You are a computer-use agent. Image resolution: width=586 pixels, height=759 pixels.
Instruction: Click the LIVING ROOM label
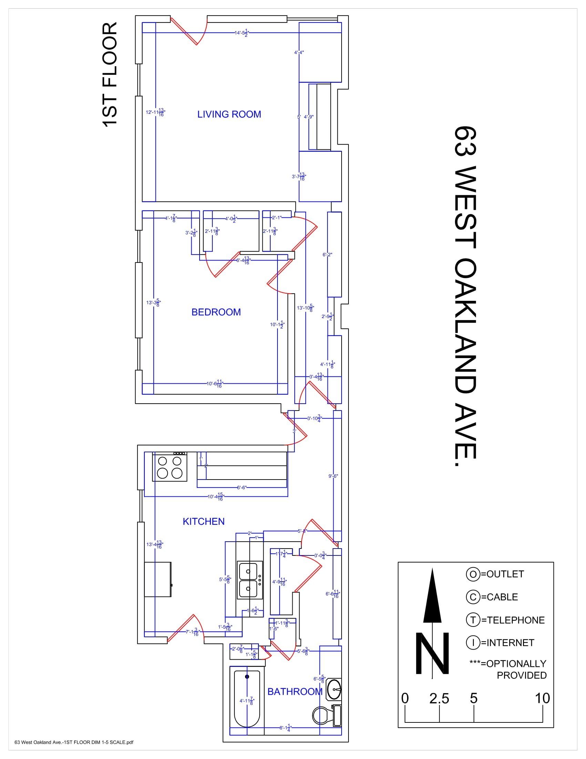click(x=229, y=114)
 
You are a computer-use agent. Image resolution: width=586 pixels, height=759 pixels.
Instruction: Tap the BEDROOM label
click(x=216, y=312)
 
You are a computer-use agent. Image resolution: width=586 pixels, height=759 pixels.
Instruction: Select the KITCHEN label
click(x=203, y=521)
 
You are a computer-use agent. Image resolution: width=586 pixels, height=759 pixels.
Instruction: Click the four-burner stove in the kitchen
click(x=170, y=467)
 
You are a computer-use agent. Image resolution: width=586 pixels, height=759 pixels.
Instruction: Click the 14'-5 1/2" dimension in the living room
click(x=242, y=33)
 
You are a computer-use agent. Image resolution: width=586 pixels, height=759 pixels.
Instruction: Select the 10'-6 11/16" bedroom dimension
click(x=214, y=384)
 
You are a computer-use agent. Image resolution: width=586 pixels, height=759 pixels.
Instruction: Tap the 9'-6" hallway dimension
click(x=333, y=476)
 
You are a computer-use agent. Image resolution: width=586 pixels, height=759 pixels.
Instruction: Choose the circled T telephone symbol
click(x=473, y=620)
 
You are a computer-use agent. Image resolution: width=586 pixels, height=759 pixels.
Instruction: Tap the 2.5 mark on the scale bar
click(x=439, y=699)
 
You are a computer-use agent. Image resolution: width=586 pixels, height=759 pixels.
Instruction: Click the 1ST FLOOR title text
click(x=110, y=75)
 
